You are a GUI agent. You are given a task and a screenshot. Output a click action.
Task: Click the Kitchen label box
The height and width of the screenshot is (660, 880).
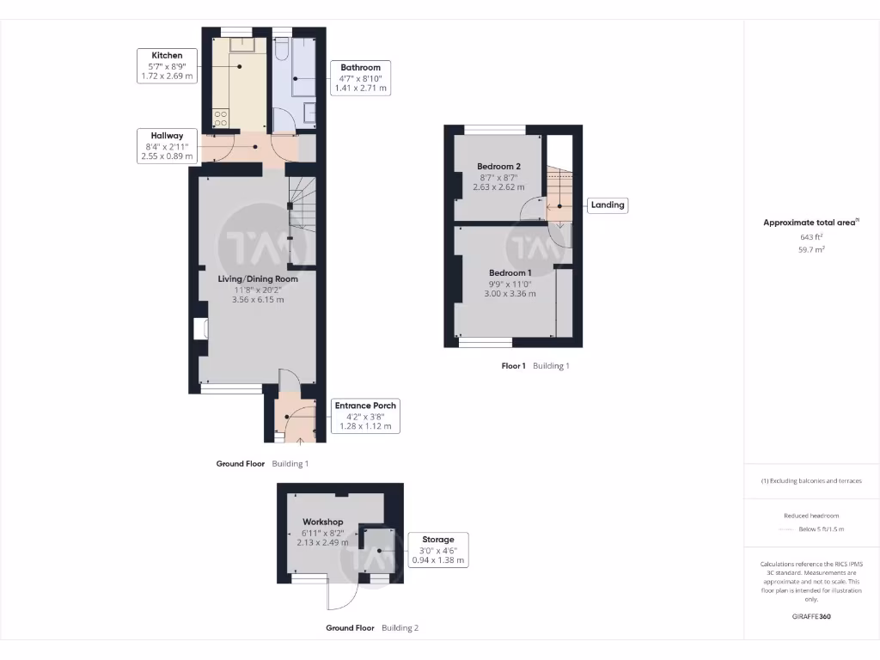[168, 65]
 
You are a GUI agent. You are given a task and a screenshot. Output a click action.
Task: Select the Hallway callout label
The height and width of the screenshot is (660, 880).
[168, 146]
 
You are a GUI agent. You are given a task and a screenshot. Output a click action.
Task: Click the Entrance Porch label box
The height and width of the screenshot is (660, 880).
[366, 416]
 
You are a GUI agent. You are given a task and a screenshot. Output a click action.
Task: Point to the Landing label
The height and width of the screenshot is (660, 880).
[607, 205]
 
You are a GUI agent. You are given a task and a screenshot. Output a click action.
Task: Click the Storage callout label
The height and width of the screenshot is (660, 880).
[437, 550]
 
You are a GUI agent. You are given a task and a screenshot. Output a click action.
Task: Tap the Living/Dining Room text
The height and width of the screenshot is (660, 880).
[258, 278]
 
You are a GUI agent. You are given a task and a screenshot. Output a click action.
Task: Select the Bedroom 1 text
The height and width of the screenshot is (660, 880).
[510, 272]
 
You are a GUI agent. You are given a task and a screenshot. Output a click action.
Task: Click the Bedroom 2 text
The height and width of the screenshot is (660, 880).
[499, 166]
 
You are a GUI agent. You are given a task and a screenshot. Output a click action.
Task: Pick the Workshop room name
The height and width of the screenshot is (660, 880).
[322, 522]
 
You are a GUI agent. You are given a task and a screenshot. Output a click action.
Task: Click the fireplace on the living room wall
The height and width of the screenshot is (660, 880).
[199, 329]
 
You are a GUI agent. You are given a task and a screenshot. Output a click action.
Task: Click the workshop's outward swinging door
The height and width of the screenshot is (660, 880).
[341, 596]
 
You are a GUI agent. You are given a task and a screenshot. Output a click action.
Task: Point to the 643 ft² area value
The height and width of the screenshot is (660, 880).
[811, 236]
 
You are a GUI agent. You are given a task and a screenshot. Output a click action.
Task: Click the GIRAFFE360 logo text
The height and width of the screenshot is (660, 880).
[811, 616]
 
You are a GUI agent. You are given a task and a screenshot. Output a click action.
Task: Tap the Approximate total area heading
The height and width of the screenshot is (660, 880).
[810, 223]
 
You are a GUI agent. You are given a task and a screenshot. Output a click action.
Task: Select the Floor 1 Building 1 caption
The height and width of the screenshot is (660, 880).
[535, 366]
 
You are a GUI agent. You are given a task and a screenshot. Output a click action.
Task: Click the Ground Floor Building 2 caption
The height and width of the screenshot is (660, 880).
[372, 628]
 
